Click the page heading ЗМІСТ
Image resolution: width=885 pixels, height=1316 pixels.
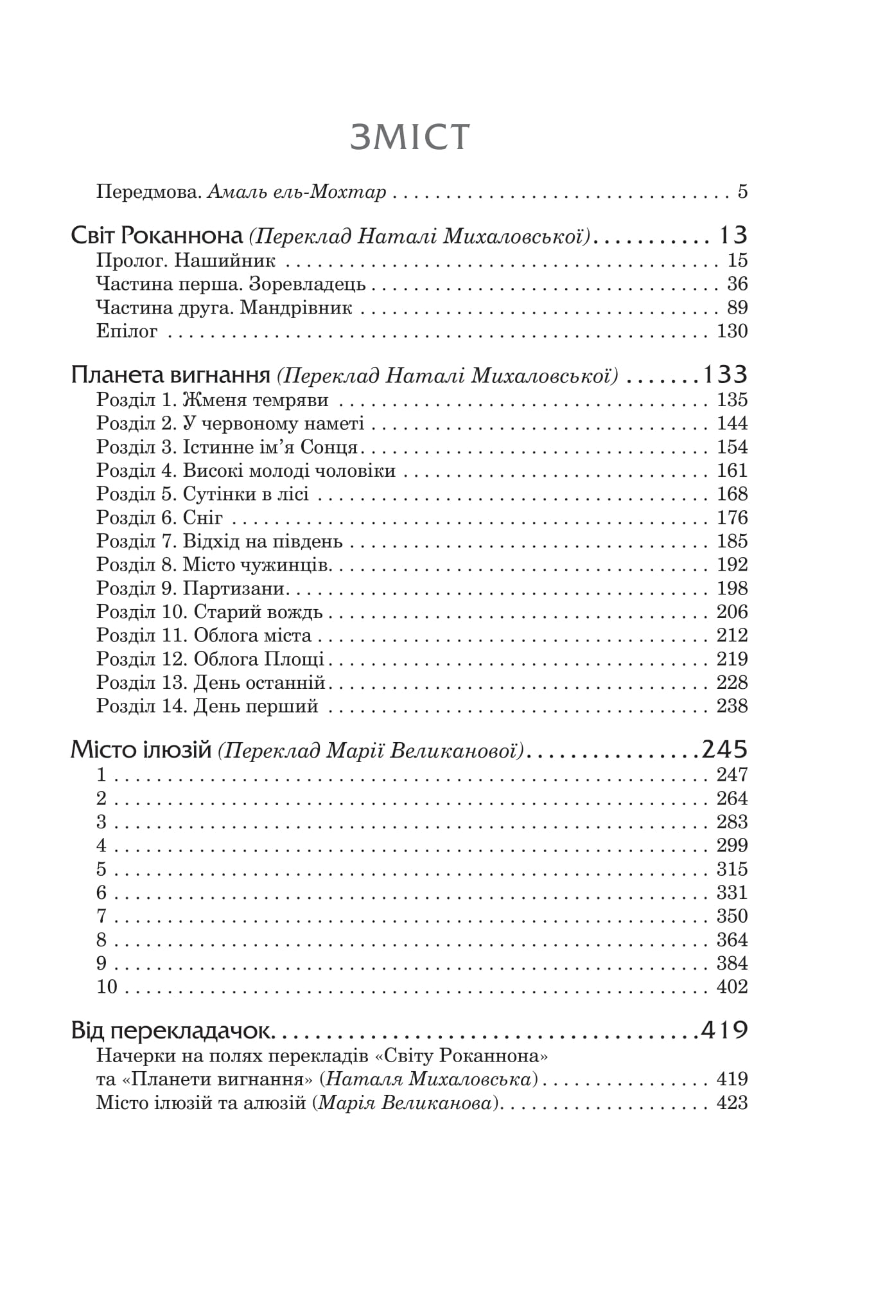point(410,137)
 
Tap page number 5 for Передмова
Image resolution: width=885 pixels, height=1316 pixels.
point(742,192)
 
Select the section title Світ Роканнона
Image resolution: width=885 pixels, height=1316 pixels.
point(155,236)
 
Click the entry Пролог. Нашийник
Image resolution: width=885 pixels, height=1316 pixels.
point(186,261)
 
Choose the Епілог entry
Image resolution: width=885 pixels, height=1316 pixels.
point(127,332)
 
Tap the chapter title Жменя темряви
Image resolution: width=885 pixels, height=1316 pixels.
point(256,400)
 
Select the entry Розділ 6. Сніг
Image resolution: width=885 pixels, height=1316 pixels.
point(160,518)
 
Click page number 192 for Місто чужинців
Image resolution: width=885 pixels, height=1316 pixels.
point(732,565)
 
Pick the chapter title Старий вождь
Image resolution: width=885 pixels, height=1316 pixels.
point(258,612)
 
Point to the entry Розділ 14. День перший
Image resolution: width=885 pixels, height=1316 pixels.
point(207,706)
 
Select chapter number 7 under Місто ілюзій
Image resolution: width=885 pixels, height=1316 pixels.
point(101,916)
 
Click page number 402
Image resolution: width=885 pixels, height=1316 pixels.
point(732,987)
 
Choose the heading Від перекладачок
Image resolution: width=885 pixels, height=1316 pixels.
point(173,1031)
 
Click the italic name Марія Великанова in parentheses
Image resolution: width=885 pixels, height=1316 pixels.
point(408,1103)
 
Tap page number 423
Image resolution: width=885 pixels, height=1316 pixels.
point(732,1103)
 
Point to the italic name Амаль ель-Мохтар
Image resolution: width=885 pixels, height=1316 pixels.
point(297,192)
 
